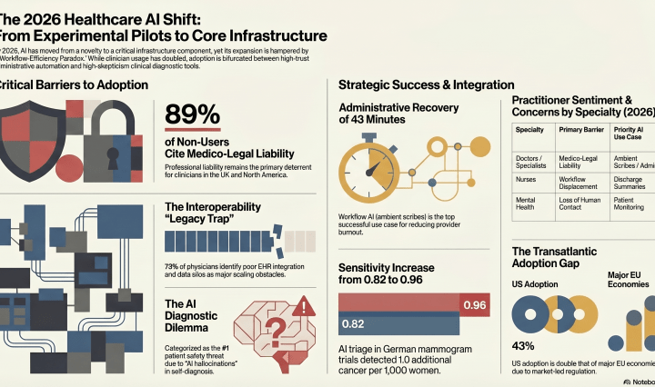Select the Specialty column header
(530, 130)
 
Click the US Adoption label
(538, 283)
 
